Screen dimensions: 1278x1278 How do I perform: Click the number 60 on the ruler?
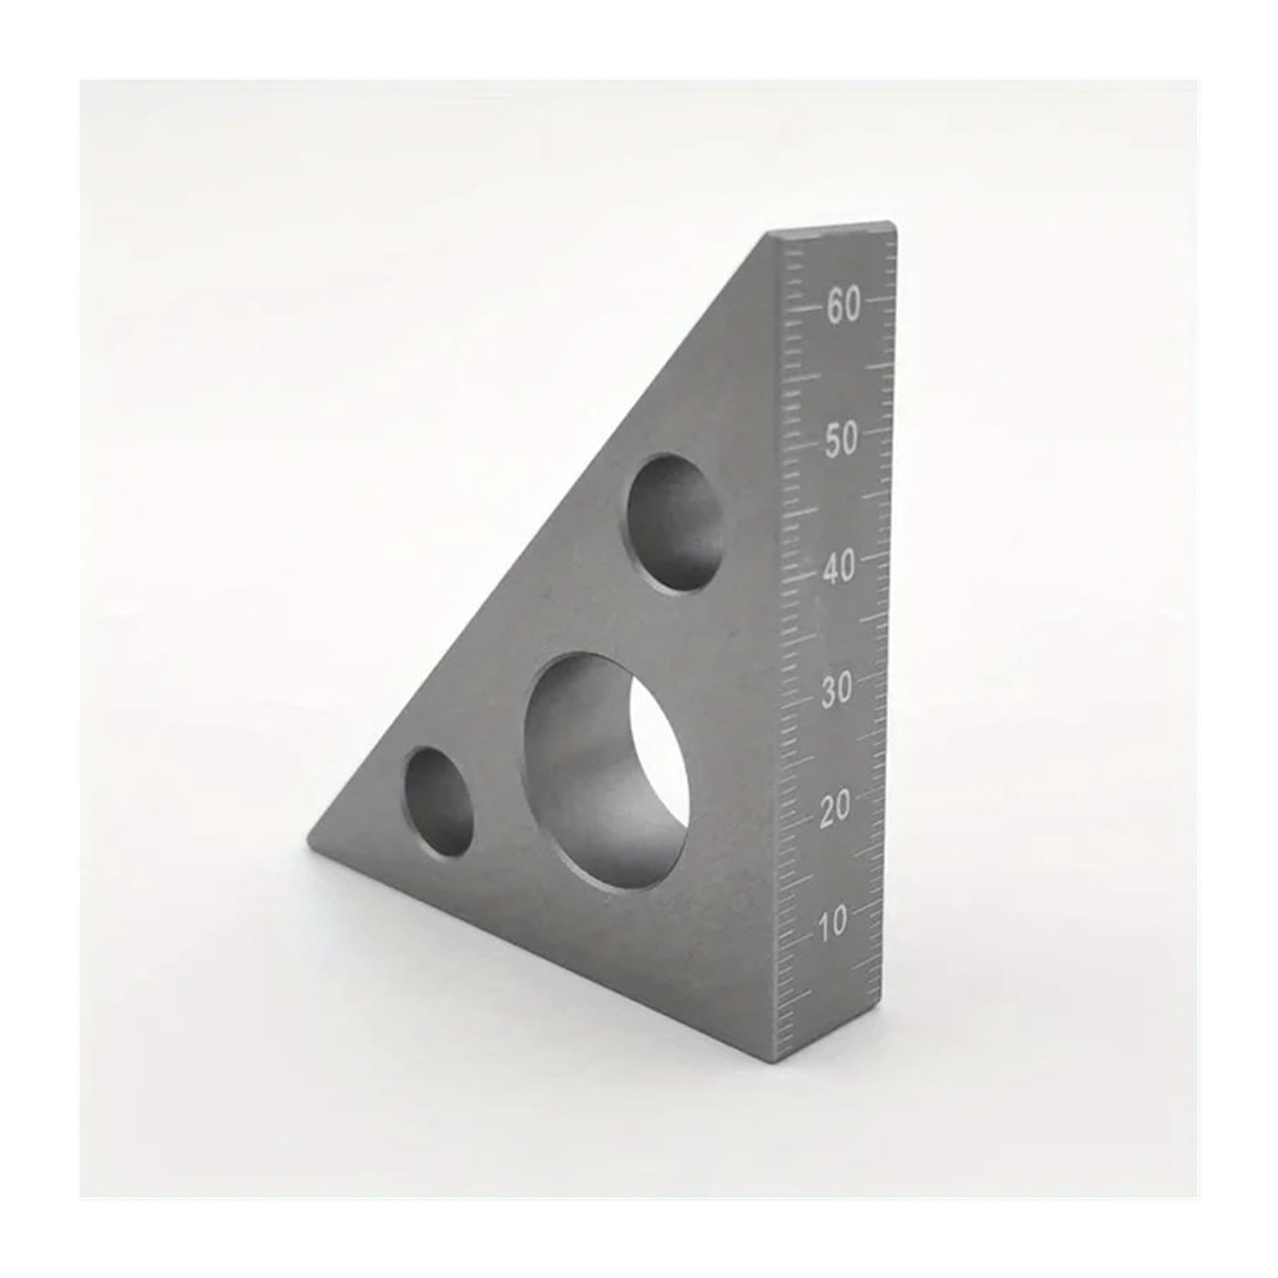843,305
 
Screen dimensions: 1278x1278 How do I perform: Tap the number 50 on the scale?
842,439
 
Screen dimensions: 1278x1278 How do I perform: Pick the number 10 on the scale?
832,924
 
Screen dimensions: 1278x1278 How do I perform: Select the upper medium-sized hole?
676,523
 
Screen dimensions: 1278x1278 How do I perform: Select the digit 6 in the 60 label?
835,305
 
